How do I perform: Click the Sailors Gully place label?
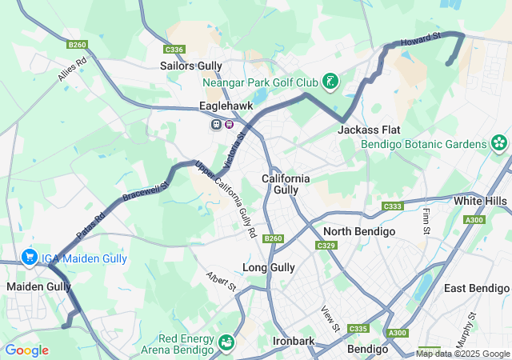191,66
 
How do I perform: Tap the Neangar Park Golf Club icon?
329,82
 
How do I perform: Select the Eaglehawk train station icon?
217,124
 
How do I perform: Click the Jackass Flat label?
369,130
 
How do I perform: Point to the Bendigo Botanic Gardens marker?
499,144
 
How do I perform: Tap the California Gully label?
286,184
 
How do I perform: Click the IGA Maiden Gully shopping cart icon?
30,257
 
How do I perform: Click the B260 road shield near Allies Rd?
78,45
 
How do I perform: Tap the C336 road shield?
175,50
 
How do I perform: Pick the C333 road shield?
392,206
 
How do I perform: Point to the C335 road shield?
358,329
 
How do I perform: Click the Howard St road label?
421,38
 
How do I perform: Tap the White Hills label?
480,200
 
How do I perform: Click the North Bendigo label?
358,231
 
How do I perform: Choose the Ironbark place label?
294,340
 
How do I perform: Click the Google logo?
26,350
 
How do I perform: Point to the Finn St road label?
426,222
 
